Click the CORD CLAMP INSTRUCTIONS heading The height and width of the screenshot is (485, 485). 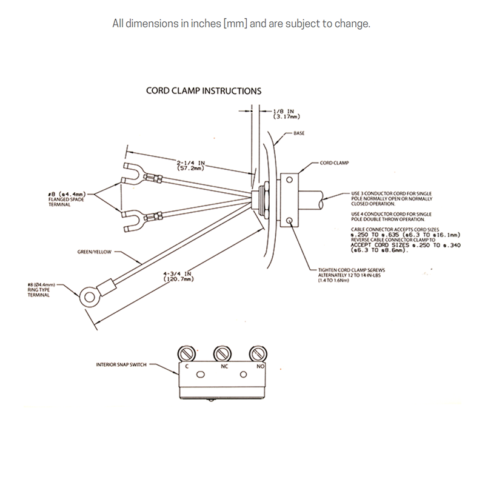click(204, 92)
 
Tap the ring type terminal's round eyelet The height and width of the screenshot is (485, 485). click(89, 297)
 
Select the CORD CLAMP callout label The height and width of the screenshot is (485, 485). click(333, 162)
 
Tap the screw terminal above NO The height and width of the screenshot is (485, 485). click(259, 353)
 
